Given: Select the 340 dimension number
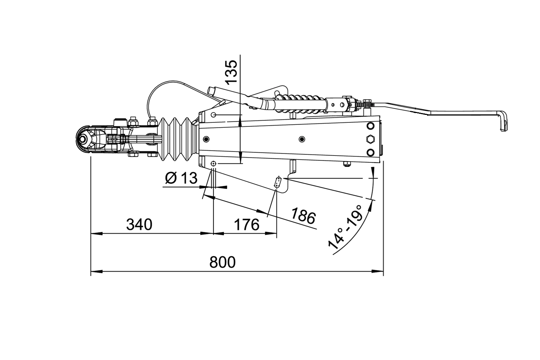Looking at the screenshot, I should tap(139, 225).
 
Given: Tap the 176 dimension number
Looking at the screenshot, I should tap(247, 225).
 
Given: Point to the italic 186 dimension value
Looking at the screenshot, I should tap(303, 216).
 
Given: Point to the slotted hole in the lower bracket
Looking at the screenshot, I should tap(278, 183).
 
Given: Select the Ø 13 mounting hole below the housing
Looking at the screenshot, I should tap(214, 164).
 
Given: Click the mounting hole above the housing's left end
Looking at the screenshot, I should tap(214, 114).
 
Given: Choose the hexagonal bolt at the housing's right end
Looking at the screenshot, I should tap(370, 139).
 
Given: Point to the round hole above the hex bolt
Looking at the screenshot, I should tap(370, 126).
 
